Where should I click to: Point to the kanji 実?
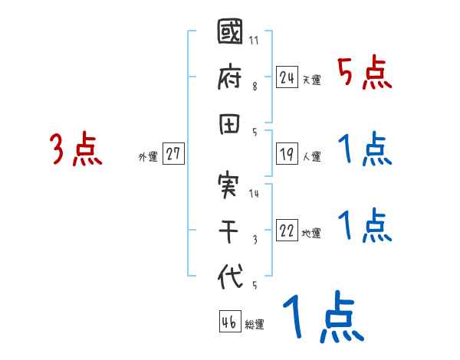[230, 186]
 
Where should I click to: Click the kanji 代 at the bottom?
[230, 277]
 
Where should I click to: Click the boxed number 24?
[287, 77]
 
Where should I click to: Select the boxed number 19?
[287, 154]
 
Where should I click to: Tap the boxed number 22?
[287, 231]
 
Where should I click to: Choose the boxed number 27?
[173, 154]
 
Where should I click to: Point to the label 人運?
[311, 157]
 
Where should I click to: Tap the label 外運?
[148, 157]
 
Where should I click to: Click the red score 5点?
[365, 74]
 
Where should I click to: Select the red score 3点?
[77, 149]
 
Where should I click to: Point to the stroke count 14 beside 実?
[255, 193]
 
